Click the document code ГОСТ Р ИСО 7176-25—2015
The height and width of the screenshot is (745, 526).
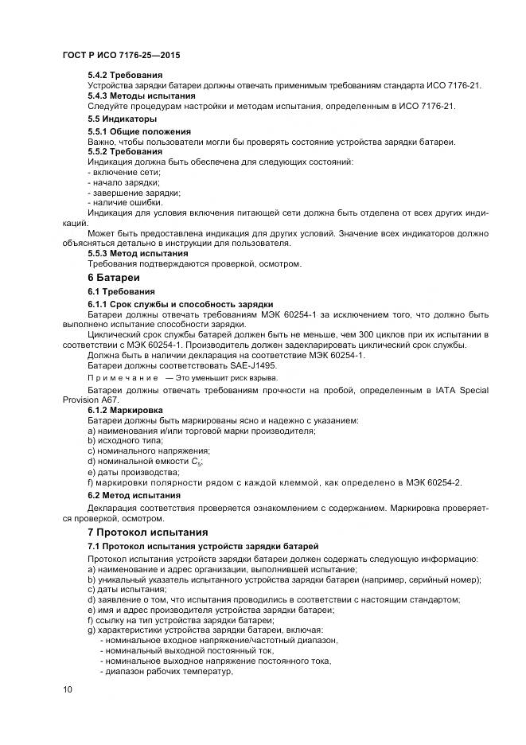(x=121, y=56)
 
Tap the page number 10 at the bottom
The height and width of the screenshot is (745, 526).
(x=68, y=689)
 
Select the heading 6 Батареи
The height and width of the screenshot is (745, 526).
(x=113, y=278)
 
